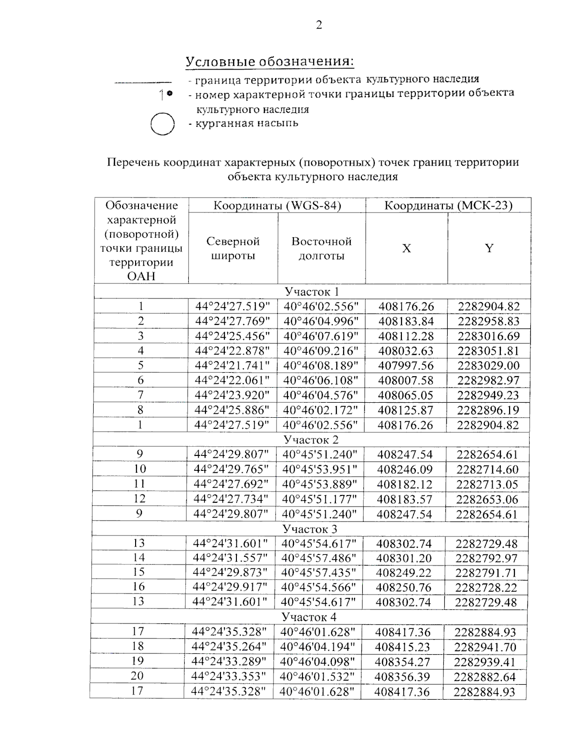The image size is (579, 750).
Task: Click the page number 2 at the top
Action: pyautogui.click(x=318, y=25)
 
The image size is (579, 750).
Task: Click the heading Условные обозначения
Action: pyautogui.click(x=270, y=62)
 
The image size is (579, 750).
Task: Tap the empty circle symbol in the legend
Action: pyautogui.click(x=162, y=124)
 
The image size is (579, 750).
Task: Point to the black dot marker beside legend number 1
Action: pyautogui.click(x=170, y=94)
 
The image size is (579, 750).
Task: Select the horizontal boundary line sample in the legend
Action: pyautogui.click(x=143, y=82)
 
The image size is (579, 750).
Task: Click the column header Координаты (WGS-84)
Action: pyautogui.click(x=277, y=205)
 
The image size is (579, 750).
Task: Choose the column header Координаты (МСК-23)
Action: pyautogui.click(x=448, y=205)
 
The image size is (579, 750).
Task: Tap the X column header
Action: pyautogui.click(x=406, y=248)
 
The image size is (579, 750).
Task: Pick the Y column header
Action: pyautogui.click(x=489, y=248)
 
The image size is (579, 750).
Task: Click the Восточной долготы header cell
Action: pyautogui.click(x=321, y=248)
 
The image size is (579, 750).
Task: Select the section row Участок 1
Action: pyautogui.click(x=312, y=292)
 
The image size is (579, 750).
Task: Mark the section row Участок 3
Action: pyautogui.click(x=310, y=529)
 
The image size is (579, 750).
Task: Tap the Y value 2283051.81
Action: pyautogui.click(x=488, y=351)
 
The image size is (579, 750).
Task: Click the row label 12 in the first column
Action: pyautogui.click(x=139, y=498)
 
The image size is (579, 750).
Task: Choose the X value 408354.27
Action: pyautogui.click(x=403, y=662)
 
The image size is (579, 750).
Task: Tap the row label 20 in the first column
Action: pyautogui.click(x=138, y=676)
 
